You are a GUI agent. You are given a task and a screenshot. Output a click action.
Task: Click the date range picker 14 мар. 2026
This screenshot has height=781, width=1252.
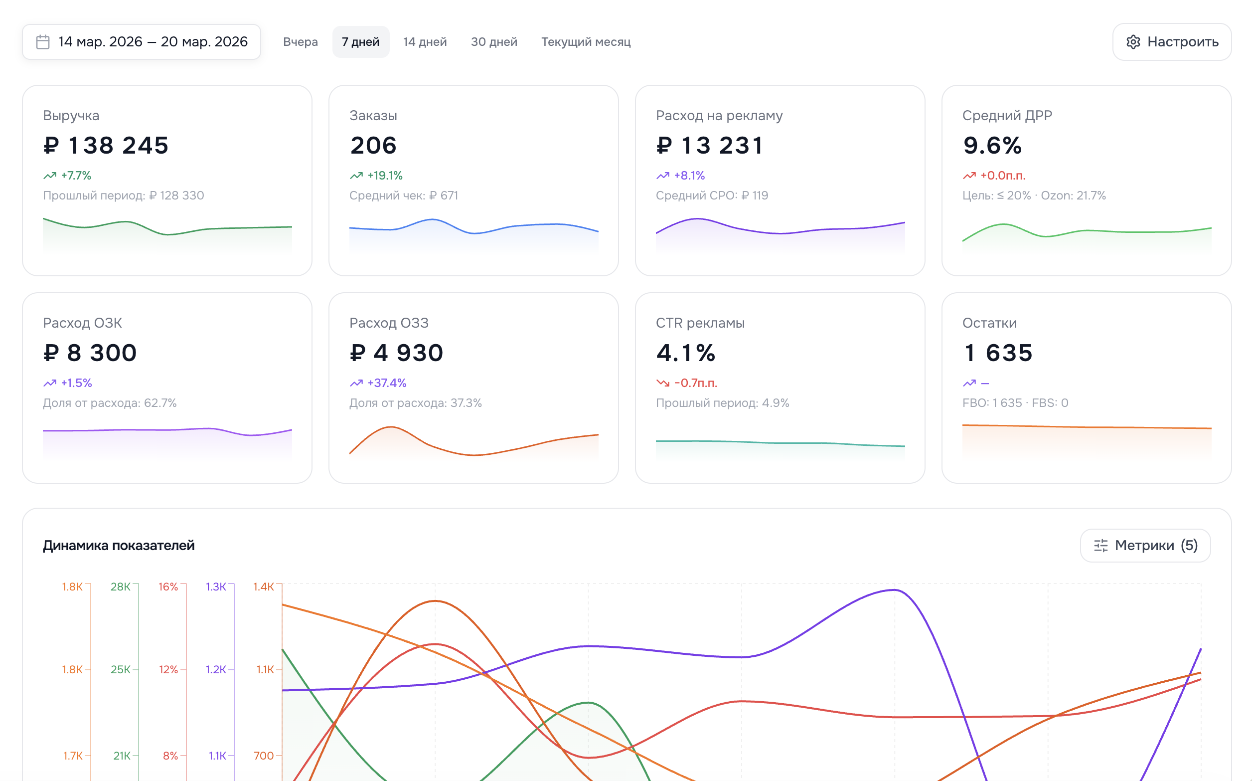coord(142,42)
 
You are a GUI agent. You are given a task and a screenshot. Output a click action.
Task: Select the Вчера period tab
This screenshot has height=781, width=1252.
coord(301,42)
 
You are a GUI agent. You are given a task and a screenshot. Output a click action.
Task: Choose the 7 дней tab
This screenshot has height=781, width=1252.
coord(360,42)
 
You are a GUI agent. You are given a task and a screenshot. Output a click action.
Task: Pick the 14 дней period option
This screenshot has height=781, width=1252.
coord(425,42)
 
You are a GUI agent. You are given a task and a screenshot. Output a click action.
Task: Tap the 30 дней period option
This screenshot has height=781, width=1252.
coord(494,42)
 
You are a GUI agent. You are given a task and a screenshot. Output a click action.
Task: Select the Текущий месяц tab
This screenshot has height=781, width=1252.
coord(586,42)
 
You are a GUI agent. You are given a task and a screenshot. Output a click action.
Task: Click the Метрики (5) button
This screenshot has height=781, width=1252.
coord(1145,546)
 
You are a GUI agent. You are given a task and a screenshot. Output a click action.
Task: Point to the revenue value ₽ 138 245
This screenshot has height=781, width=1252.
coord(106,146)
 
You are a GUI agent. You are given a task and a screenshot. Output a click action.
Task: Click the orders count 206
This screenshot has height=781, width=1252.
coord(373,146)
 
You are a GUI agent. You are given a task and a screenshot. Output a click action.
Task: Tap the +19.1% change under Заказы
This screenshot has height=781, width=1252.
coord(384,176)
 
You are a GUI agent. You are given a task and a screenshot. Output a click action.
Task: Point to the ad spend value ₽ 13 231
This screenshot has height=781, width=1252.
coord(710,146)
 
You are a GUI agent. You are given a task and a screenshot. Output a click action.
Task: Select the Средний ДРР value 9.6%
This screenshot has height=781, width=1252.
coord(992,146)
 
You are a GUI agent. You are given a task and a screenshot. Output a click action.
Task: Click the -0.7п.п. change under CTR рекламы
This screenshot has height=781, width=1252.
coord(695,383)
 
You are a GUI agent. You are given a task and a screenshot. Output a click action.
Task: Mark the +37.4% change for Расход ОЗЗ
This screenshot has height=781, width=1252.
coord(387,383)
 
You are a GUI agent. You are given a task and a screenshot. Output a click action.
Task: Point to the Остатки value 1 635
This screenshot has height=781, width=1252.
coord(998,353)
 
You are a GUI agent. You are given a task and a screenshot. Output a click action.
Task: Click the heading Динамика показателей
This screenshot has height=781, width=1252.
coord(119,546)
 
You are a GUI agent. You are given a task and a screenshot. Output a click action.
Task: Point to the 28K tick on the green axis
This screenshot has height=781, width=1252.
coord(120,587)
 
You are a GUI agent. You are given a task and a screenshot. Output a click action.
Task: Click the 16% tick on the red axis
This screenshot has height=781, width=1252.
coord(168,587)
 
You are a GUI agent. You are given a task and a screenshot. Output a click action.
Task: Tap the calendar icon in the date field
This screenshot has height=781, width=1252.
coord(43,42)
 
